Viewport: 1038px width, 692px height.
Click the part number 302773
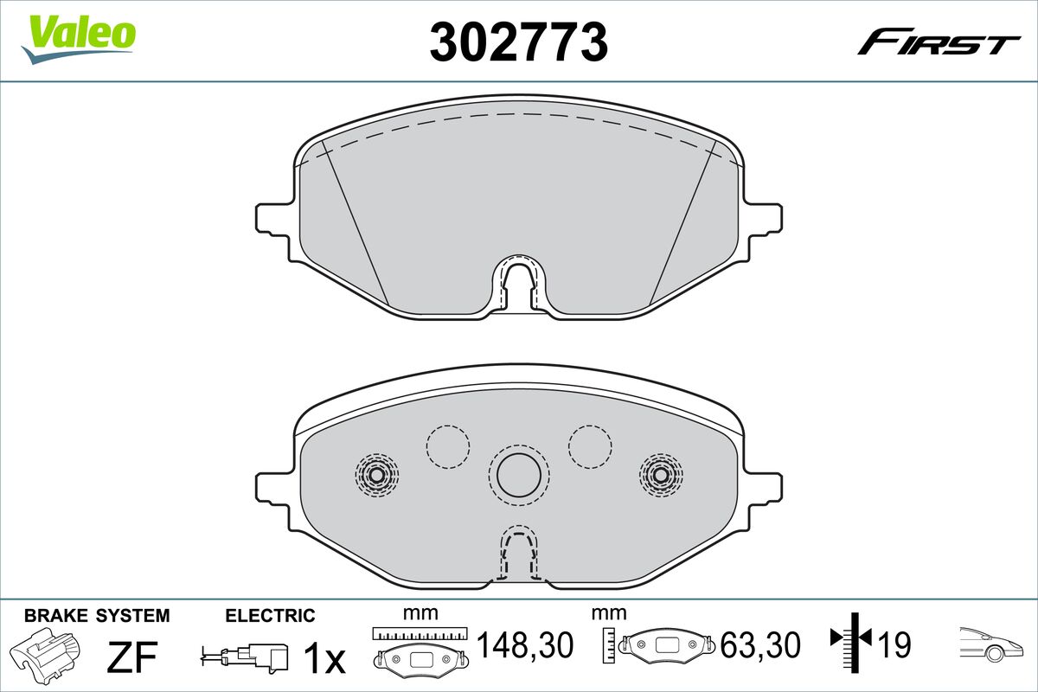(x=519, y=41)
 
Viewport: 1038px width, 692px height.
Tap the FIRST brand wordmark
(x=939, y=43)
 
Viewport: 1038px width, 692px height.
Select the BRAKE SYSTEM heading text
(x=97, y=616)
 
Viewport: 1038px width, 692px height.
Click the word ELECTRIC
(x=270, y=616)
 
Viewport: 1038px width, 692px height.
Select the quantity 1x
(x=324, y=658)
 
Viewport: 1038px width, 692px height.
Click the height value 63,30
(x=759, y=645)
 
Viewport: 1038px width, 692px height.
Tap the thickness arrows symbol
(x=851, y=640)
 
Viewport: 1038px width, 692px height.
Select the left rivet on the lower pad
(x=375, y=473)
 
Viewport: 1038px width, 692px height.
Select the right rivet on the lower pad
(x=660, y=473)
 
